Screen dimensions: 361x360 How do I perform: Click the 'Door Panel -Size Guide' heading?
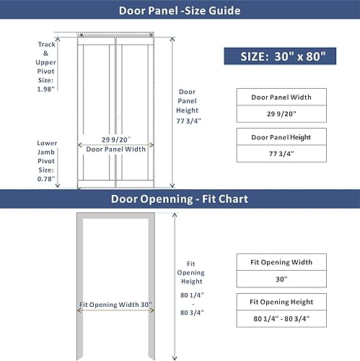coord(180,10)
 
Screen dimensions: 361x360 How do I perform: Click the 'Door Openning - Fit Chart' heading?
coord(180,199)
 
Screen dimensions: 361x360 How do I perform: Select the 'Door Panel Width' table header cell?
coord(281,97)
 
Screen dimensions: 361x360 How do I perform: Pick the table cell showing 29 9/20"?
coord(281,113)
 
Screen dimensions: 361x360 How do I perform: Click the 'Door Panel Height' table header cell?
coord(281,136)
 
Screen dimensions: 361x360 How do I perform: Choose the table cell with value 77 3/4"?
coord(281,154)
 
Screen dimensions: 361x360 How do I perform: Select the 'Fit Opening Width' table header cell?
coord(281,261)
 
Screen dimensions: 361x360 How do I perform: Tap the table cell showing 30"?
coord(281,279)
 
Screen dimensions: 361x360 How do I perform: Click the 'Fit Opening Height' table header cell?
coord(281,301)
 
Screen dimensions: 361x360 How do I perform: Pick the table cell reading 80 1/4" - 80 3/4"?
coord(281,318)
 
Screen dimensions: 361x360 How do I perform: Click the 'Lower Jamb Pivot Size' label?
coord(47,160)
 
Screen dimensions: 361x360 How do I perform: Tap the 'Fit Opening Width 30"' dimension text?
coord(115,305)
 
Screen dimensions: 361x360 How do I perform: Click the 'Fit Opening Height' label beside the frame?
coord(190,273)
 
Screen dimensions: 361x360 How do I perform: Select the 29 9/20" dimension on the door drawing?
coord(115,139)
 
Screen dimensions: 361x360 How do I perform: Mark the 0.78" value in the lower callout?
coord(47,179)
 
